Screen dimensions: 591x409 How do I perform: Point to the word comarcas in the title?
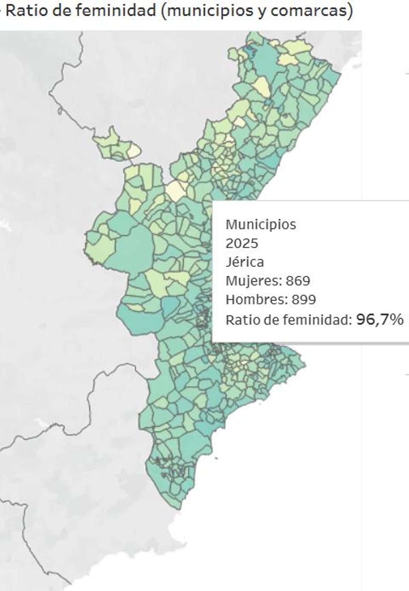[x=308, y=11]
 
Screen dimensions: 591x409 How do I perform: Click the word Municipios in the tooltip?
[x=261, y=225]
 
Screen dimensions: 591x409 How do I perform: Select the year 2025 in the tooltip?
[x=242, y=243]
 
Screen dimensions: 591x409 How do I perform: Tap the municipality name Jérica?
[x=244, y=262]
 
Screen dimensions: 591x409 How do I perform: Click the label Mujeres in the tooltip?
[x=253, y=281]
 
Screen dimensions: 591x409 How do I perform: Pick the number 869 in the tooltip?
[x=298, y=281]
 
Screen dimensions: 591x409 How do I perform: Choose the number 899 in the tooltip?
[x=304, y=300]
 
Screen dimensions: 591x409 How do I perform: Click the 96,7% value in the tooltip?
[x=380, y=320]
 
